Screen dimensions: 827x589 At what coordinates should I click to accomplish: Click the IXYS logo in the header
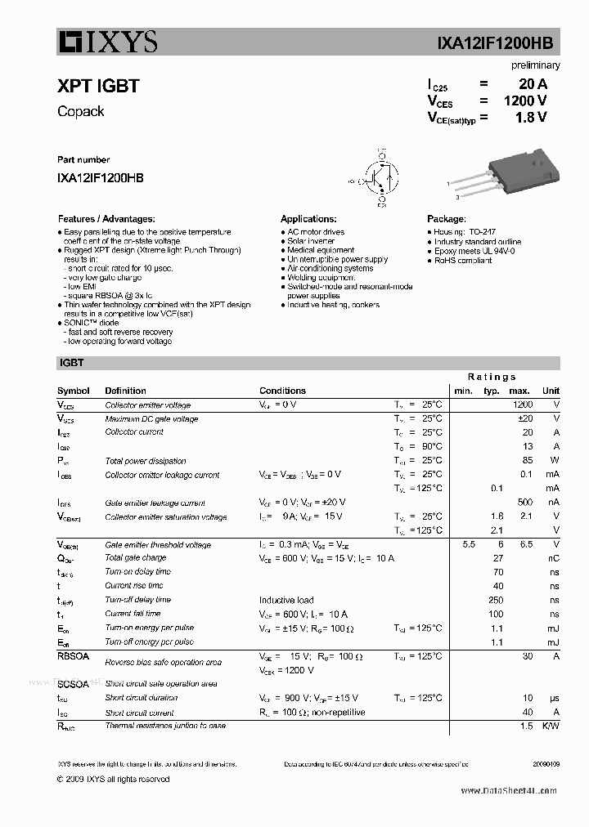(107, 42)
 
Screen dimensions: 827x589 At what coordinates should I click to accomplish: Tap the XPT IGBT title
(98, 86)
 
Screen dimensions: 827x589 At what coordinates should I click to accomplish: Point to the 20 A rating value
(533, 84)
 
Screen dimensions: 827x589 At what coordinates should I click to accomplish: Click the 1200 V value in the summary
(524, 101)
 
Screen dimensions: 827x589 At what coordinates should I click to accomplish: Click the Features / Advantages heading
(106, 219)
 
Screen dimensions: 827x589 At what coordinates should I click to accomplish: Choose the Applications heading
(308, 219)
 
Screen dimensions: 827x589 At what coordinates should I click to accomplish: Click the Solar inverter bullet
(311, 241)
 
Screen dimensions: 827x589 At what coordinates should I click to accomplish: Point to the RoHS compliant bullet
(462, 261)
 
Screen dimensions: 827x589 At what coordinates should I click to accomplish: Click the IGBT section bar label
(71, 363)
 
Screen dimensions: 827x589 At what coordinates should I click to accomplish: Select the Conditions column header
(282, 391)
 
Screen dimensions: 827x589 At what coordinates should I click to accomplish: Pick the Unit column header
(551, 391)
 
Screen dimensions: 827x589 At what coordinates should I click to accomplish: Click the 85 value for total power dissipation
(527, 461)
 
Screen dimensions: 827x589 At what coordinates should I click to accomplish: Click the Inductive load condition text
(286, 600)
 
